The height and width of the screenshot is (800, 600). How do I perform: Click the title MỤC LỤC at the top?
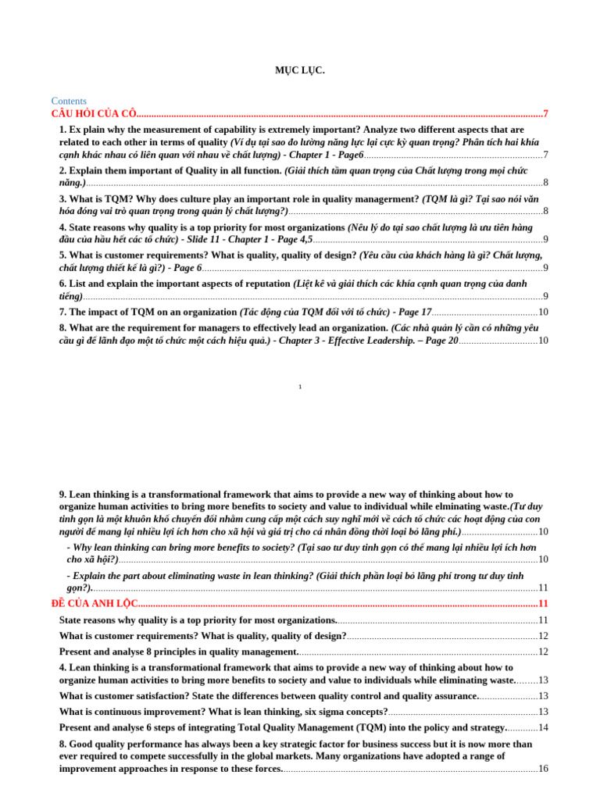[299, 70]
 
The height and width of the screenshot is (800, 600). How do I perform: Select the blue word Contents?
[69, 101]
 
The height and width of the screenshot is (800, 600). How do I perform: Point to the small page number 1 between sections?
[300, 386]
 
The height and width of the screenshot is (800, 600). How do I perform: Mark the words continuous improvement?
[132, 712]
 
